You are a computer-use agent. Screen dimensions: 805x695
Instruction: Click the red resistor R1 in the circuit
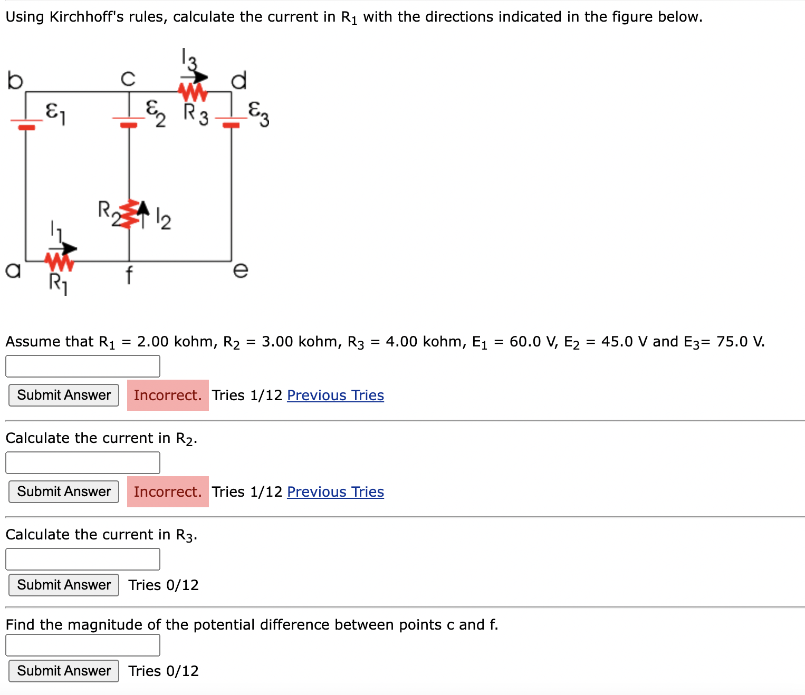59,261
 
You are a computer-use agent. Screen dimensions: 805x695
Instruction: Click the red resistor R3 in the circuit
193,93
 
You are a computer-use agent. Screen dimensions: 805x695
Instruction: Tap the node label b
15,80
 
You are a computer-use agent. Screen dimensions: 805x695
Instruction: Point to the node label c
128,79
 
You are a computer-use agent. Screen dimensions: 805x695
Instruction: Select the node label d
239,80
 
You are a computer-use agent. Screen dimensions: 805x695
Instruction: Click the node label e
240,270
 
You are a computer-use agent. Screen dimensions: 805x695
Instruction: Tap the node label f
129,275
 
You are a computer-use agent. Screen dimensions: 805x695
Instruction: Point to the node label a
13,270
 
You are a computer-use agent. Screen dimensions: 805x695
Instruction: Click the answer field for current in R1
83,366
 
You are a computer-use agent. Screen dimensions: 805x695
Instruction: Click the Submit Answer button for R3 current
64,585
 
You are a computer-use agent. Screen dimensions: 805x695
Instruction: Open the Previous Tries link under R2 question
336,491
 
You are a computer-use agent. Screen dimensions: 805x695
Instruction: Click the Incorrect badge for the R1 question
168,395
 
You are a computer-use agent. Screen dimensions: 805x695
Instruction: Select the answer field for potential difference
83,645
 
